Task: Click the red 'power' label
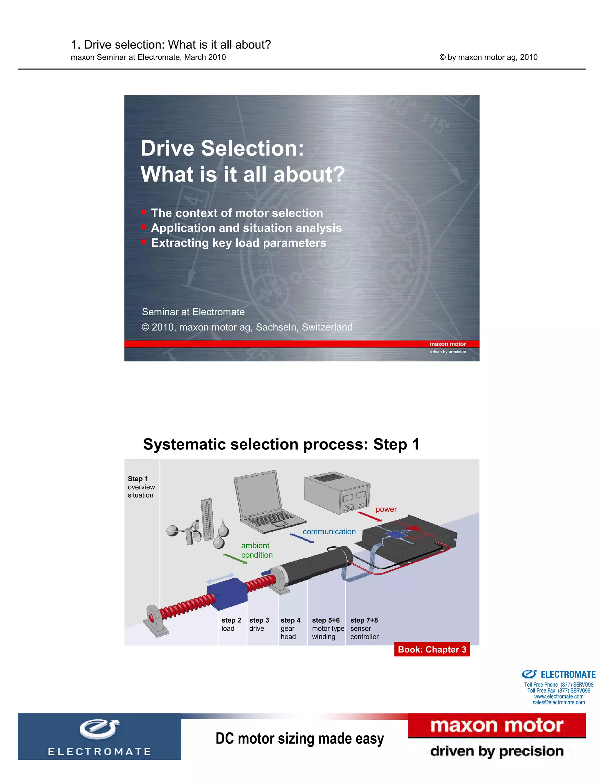[x=386, y=509]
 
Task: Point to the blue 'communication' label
[x=329, y=532]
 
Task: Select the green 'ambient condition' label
[x=256, y=550]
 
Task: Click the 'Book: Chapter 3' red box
[x=432, y=649]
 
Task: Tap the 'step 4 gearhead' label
[x=290, y=628]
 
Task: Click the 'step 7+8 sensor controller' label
[x=364, y=628]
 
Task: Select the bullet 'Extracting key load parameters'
[x=238, y=243]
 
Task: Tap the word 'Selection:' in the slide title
[x=252, y=149]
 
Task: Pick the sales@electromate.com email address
[x=559, y=702]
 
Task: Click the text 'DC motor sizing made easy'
[x=300, y=739]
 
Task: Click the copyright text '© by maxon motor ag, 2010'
[x=488, y=57]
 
